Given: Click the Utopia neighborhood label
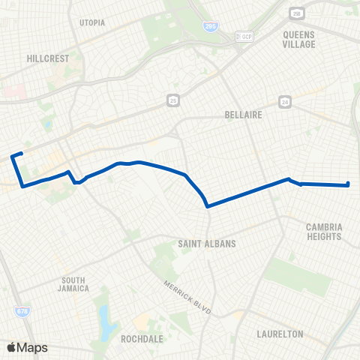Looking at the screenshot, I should (x=92, y=22).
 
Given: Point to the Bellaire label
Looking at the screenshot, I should (x=241, y=115).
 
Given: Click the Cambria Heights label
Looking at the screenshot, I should (x=324, y=231).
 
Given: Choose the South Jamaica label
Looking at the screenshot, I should (x=75, y=283).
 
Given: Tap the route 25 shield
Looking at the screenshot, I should (x=172, y=98).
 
